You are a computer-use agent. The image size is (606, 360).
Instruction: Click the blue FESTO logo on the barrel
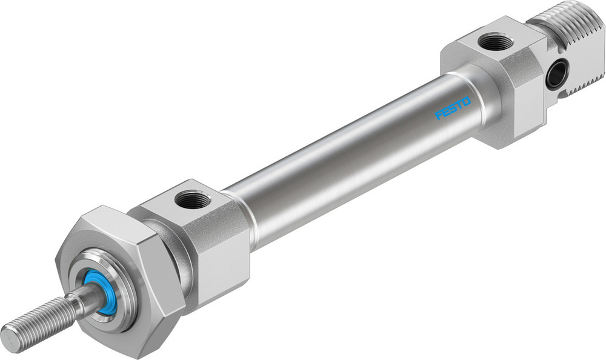453,109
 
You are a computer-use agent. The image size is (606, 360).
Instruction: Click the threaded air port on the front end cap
192,199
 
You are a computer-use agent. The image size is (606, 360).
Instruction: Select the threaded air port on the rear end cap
495,43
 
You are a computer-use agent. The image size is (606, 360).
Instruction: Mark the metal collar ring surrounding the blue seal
115,285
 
